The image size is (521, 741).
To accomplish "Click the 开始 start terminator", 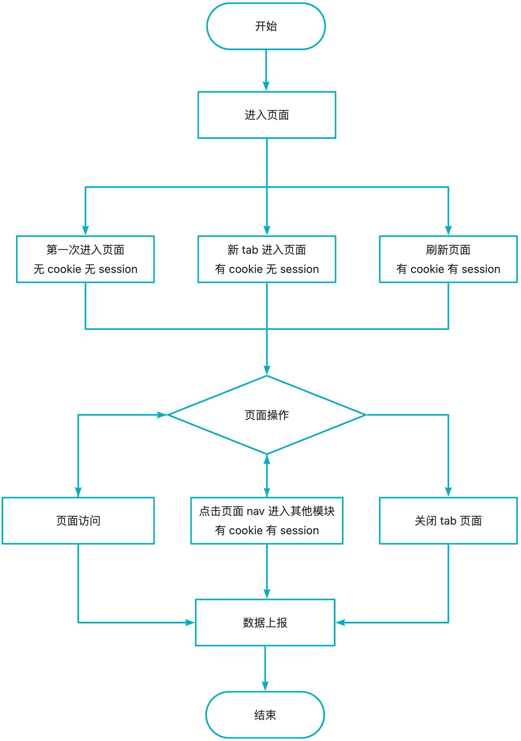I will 266,26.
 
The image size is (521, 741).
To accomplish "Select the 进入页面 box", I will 267,115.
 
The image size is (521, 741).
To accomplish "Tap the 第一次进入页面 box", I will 85,259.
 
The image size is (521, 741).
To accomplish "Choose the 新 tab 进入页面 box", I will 267,259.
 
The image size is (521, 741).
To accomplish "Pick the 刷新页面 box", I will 448,259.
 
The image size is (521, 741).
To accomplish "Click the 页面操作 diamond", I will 267,415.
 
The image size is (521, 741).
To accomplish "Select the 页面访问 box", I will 78,521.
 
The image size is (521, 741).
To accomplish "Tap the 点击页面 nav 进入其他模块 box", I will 267,521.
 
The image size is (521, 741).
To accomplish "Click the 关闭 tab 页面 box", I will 448,521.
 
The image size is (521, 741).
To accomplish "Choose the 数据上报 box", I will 265,623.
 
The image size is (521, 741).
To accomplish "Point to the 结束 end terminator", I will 265,715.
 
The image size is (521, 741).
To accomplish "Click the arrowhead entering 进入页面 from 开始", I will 266,86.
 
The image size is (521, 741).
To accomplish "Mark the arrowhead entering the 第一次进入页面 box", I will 85,230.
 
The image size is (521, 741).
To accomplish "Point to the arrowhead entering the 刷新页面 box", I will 448,230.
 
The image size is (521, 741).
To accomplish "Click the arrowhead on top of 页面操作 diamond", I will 267,370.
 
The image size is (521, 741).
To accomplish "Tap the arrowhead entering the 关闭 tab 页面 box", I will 448,492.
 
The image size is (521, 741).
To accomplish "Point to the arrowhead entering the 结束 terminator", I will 265,686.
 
